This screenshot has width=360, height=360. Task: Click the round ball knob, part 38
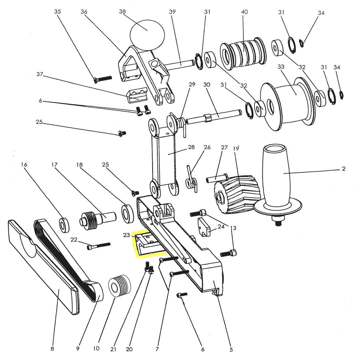[x=147, y=33]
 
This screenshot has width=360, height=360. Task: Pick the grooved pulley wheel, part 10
[x=120, y=286]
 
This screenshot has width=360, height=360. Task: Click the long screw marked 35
[x=103, y=79]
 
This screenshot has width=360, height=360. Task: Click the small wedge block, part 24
[x=205, y=228]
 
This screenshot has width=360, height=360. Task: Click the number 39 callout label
[x=172, y=12]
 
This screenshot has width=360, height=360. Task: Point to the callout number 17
[x=55, y=164]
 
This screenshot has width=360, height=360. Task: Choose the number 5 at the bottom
[x=231, y=349]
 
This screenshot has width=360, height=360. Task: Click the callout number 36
[x=84, y=12]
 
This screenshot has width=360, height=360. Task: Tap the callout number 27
[x=224, y=147]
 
